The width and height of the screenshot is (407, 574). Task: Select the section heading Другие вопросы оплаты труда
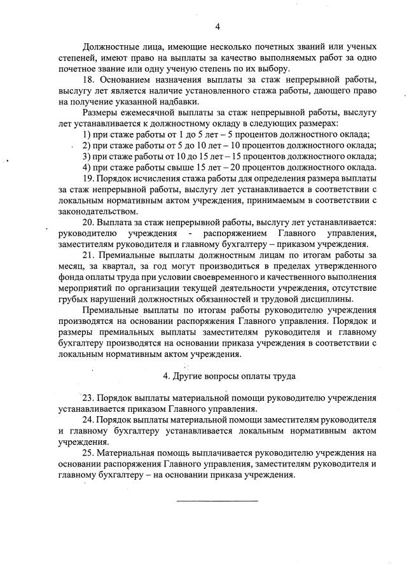coord(230,376)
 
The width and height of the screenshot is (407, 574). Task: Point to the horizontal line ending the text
coord(217,501)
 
